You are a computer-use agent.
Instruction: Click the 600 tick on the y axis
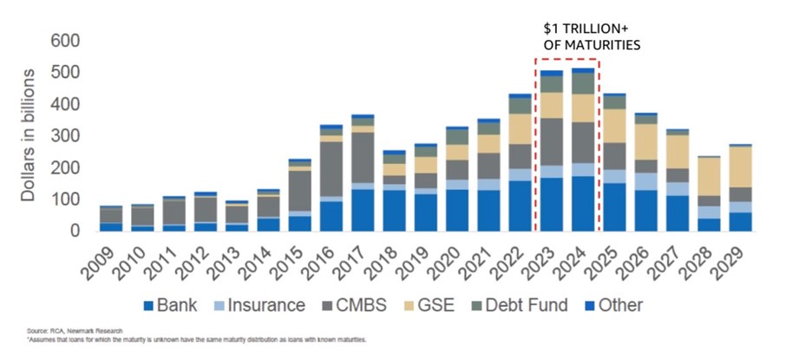[x=67, y=41]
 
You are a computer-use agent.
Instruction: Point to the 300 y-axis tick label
[x=67, y=136]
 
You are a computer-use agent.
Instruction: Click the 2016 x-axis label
[x=331, y=261]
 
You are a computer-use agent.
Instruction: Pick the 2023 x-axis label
[x=551, y=261]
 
